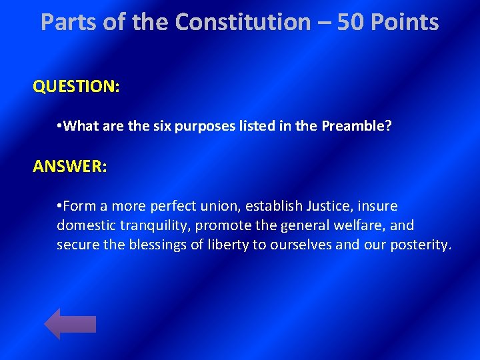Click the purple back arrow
69,324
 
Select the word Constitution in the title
243,22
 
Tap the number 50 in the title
351,22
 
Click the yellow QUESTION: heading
76,87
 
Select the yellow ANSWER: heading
69,166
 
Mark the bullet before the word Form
60,206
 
